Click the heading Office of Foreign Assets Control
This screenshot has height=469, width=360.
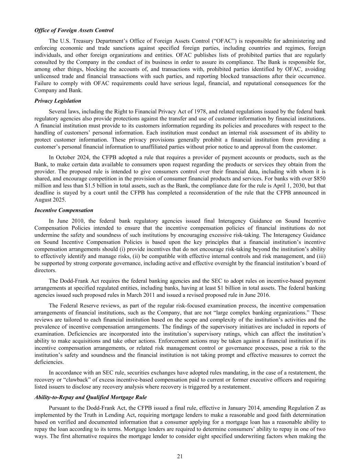pos(74,30)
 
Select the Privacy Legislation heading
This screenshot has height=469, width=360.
pos(58,101)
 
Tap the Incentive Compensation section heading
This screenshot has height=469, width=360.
pos(64,210)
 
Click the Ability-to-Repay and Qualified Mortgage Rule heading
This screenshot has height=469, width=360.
pos(91,397)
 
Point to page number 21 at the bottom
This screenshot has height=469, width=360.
pos(180,456)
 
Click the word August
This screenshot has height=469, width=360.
pos(43,200)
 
